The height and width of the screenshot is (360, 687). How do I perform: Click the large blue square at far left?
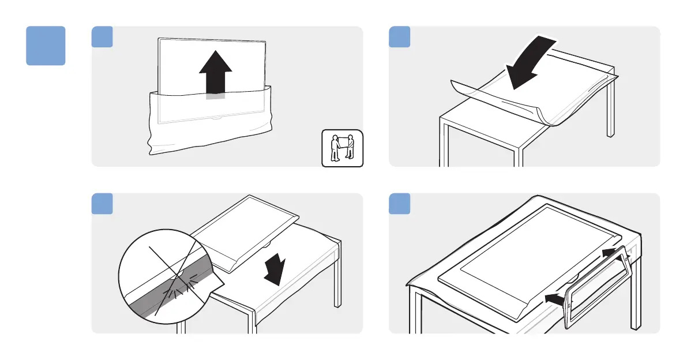[x=46, y=46]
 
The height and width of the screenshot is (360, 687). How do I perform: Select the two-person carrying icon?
[x=342, y=148]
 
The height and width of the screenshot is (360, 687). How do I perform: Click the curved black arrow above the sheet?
[x=531, y=62]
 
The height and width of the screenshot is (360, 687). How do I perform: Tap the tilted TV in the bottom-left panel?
[x=245, y=228]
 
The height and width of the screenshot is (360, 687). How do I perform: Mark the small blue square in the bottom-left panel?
[x=102, y=203]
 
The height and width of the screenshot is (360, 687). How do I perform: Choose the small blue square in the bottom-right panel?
[x=400, y=203]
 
